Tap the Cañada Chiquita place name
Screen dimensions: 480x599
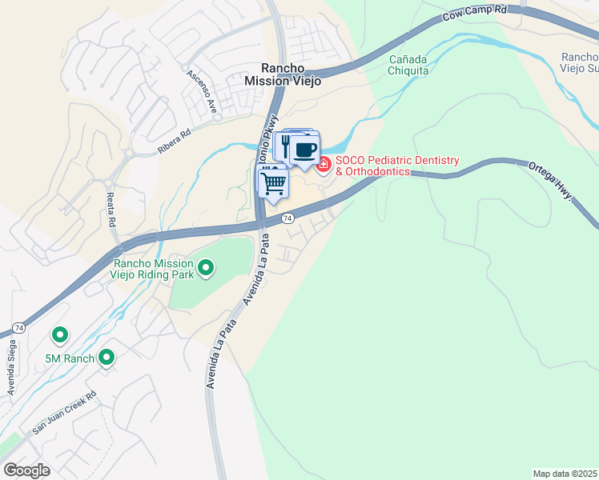click(420, 65)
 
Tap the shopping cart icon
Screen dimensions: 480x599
click(274, 183)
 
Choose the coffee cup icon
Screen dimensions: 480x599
click(304, 150)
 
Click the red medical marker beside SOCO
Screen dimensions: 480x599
click(324, 166)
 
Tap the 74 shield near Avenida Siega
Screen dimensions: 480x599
click(18, 328)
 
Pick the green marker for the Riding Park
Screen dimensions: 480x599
click(206, 269)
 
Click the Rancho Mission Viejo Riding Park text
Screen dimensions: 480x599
click(153, 269)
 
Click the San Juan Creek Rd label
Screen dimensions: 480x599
click(64, 412)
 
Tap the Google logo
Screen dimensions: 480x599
click(26, 470)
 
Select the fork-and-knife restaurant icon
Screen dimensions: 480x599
click(286, 145)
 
